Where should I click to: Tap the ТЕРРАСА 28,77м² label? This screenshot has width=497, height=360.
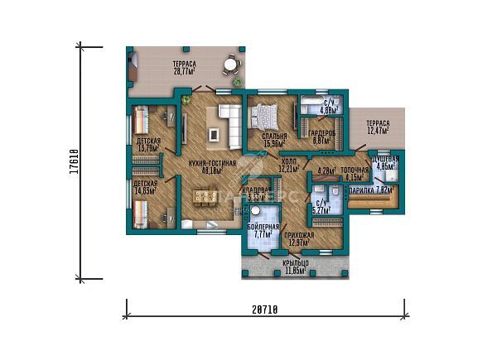point(184,68)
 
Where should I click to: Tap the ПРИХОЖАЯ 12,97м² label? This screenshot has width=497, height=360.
point(298,240)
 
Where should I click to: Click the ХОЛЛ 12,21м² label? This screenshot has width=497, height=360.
point(290,166)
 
